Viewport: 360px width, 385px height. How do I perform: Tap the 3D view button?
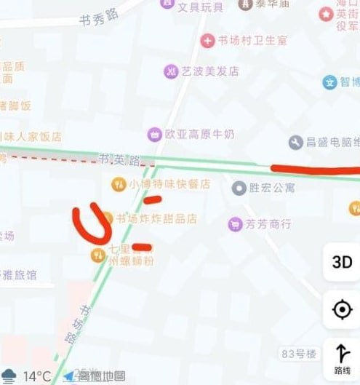[342, 263]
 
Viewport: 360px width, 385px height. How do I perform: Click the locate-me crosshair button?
[342, 310]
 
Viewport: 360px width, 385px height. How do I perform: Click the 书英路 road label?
[119, 159]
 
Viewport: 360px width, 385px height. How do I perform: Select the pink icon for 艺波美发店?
[171, 71]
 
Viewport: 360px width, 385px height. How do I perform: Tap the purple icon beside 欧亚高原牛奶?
[154, 134]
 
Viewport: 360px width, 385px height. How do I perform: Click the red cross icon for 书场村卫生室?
[208, 40]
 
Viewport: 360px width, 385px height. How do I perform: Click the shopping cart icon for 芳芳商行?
[234, 223]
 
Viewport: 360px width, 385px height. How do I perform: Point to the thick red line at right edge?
[314, 170]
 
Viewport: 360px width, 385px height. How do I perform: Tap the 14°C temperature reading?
[37, 376]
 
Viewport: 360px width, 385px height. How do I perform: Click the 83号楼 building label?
[299, 354]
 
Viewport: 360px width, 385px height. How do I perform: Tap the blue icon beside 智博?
[330, 82]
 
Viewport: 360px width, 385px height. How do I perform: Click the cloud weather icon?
[9, 376]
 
